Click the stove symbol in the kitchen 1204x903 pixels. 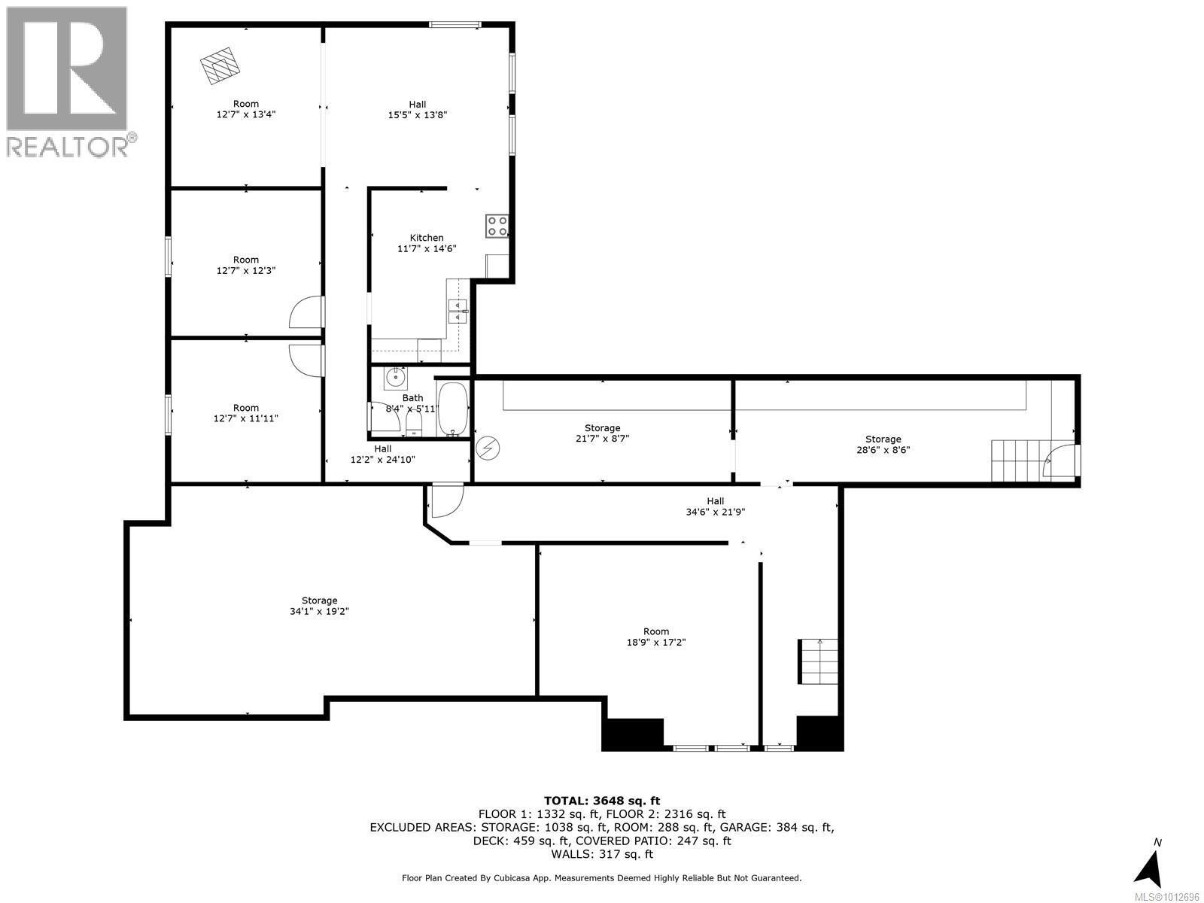[497, 226]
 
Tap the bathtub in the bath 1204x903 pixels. [453, 409]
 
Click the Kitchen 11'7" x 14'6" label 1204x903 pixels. [427, 243]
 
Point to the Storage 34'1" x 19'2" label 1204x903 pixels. [319, 606]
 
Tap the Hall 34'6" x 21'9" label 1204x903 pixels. [715, 506]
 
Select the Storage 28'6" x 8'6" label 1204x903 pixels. [883, 444]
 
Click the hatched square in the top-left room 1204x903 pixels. [220, 65]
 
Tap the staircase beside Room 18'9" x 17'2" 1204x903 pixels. [818, 661]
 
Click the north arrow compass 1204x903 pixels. [1149, 865]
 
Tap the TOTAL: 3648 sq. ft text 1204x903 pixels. [602, 801]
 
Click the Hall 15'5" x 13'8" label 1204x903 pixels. [418, 109]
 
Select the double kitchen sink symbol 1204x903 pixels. [458, 311]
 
